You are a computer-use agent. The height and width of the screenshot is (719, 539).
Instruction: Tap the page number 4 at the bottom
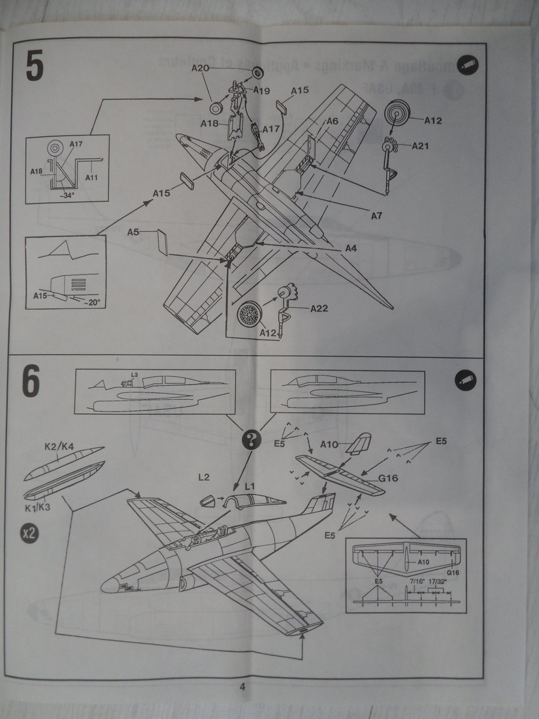click(x=242, y=687)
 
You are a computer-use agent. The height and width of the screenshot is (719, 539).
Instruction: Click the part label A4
click(x=350, y=249)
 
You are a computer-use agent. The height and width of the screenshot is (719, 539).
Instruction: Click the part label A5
click(x=134, y=233)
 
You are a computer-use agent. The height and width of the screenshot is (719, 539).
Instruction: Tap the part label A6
click(x=332, y=121)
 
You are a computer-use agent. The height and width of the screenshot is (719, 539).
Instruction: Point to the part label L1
click(x=249, y=483)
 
